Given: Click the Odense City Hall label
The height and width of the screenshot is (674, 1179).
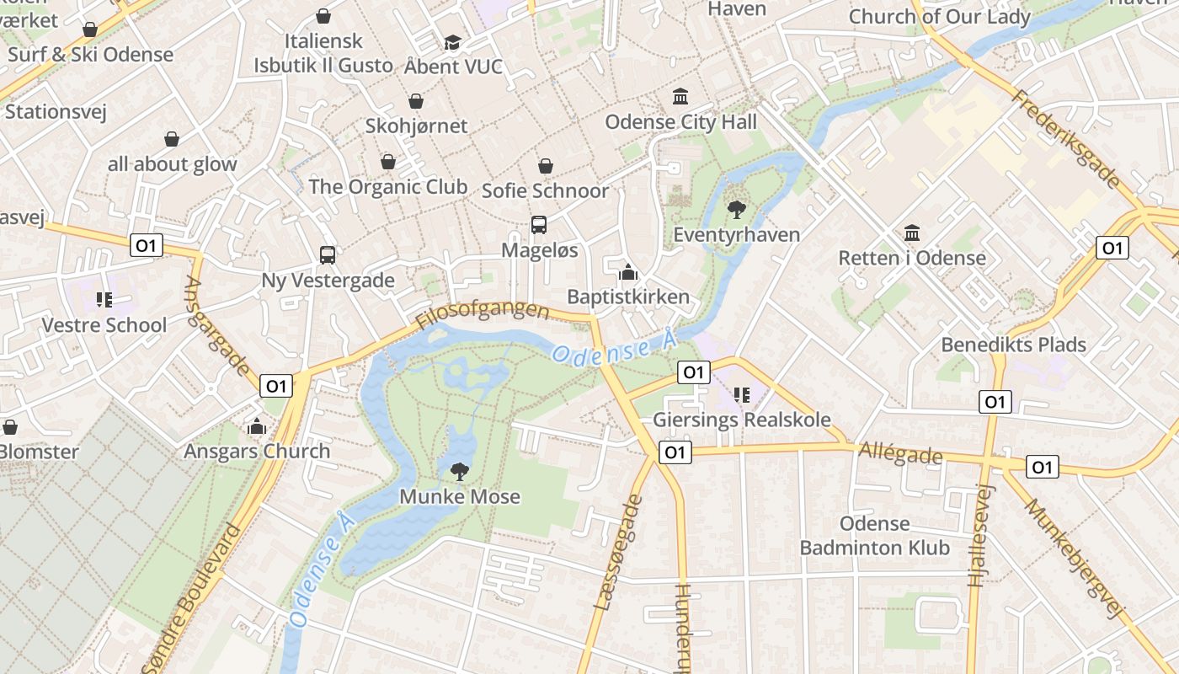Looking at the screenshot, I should point(680,122).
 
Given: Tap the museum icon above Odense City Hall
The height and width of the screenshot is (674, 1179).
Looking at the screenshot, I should point(680,97).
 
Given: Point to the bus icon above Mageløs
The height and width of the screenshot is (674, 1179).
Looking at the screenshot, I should point(539,225).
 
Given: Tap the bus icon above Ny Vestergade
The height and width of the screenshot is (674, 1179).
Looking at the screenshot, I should point(328,254).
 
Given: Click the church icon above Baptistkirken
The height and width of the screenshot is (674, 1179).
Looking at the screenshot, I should point(628,272).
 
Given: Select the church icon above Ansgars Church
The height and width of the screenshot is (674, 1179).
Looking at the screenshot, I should point(258,426).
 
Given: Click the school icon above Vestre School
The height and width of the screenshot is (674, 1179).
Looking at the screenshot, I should point(104,300).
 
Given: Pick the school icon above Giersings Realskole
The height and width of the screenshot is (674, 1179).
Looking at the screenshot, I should point(742,394).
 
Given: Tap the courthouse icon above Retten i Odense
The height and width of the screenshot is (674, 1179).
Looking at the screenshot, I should point(911,233).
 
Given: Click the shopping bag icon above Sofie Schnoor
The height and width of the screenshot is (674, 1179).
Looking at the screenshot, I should point(546,166).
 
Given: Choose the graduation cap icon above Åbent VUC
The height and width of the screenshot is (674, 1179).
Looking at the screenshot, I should point(453,42).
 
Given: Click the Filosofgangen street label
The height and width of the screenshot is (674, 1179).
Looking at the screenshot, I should point(482,315).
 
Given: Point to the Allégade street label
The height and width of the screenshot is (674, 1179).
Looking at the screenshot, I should point(900,453).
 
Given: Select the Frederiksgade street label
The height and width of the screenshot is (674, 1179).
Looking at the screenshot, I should point(1066,140).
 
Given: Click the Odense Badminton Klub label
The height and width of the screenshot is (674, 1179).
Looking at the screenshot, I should point(874,536).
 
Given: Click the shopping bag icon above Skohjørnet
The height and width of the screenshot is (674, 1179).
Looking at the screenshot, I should point(416,102).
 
